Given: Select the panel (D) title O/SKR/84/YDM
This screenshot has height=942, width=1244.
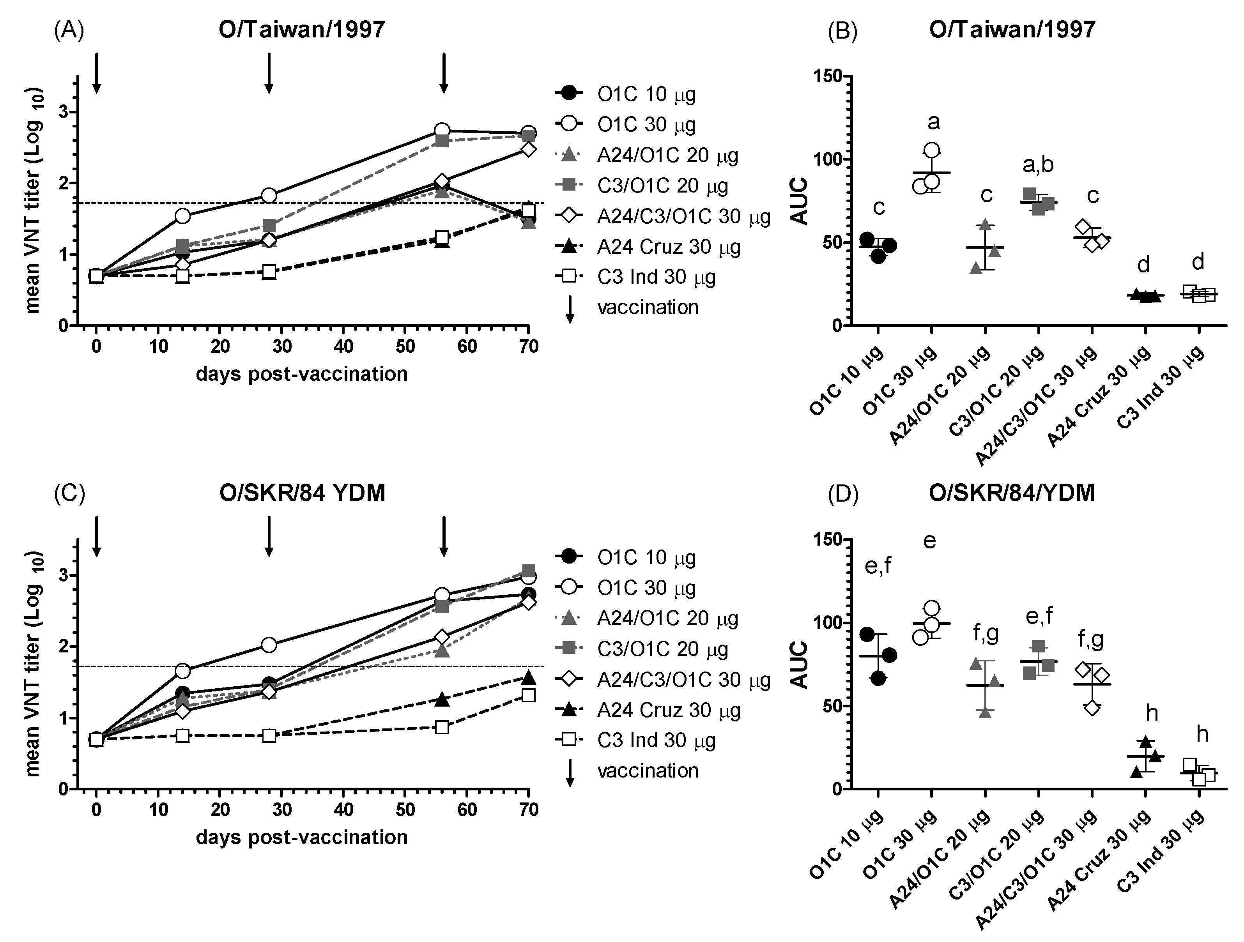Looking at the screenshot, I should tap(1011, 493).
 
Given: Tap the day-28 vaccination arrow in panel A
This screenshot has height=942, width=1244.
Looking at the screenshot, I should tap(269, 73).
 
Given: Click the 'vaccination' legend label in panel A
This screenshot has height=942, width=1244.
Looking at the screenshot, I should tap(648, 308).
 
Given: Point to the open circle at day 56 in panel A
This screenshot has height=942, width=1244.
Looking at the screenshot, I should tap(442, 131).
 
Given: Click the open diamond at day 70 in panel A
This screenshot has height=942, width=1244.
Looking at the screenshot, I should tap(527, 150).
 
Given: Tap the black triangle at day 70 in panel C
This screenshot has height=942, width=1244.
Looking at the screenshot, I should tap(527, 677).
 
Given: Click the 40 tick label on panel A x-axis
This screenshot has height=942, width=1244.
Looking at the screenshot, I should tap(343, 346).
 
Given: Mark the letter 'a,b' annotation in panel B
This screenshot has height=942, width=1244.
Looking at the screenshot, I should tap(1038, 165).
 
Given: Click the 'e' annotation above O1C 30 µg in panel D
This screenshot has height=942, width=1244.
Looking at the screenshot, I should tap(930, 541).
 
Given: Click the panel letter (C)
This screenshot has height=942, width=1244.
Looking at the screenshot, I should tap(69, 493).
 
